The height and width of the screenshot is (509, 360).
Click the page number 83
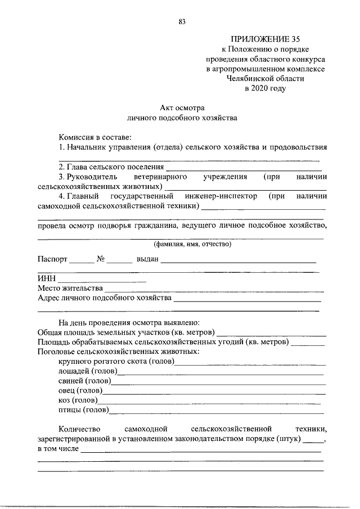[x=182, y=22]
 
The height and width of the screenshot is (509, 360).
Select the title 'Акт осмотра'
[x=183, y=107]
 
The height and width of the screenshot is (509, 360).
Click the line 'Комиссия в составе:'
[x=95, y=137]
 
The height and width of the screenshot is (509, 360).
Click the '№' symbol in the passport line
[x=102, y=260]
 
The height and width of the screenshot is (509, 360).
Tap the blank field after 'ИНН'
[x=102, y=279]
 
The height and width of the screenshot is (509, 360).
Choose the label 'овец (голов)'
[x=80, y=391]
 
